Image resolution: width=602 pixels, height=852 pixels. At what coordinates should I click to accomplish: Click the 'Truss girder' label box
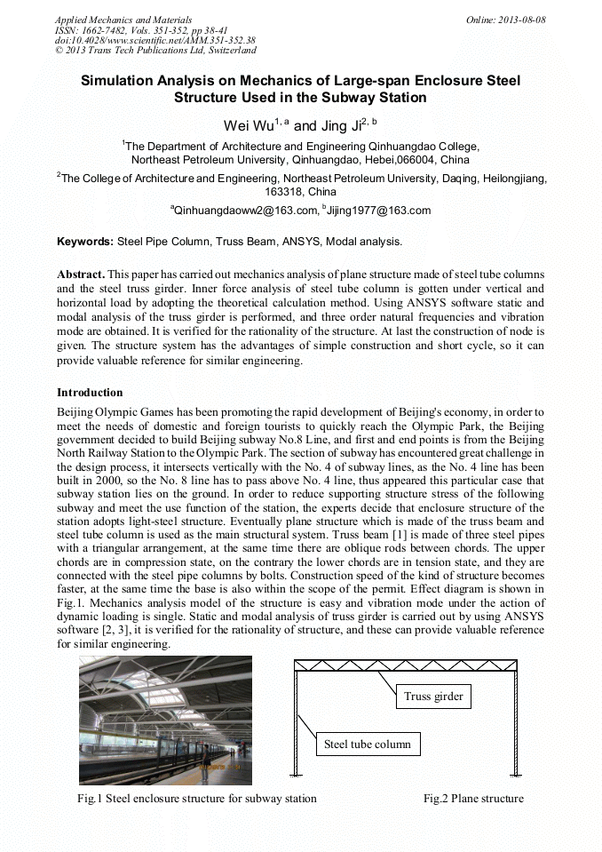coord(433,696)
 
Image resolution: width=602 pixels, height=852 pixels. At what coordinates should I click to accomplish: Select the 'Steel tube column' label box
coord(367,744)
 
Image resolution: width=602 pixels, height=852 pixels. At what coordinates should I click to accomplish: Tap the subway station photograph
coord(165,720)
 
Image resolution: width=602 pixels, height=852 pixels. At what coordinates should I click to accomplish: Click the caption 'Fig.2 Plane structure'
coord(473,798)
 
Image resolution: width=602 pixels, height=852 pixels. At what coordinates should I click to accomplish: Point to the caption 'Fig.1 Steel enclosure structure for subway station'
coord(196,798)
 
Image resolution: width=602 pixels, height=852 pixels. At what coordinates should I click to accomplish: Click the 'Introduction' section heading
coord(90,392)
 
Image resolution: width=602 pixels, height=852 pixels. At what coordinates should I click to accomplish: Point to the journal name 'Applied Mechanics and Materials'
coord(123,20)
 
